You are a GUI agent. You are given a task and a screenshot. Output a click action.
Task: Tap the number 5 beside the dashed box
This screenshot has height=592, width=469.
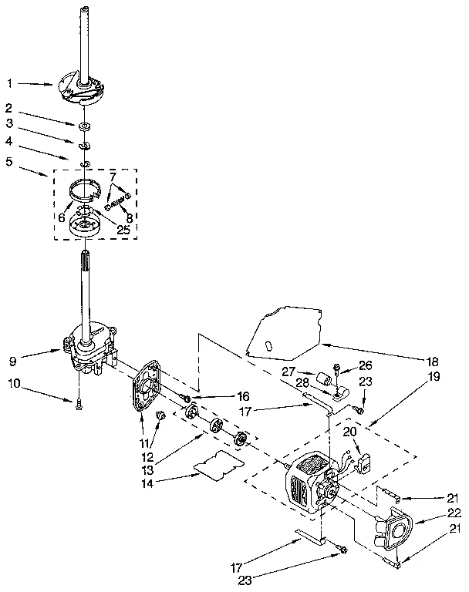point(8,162)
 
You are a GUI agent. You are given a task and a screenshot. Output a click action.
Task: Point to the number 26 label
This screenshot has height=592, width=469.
point(365,365)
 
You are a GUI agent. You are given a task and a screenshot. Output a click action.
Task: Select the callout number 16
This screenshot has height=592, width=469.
point(221,396)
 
